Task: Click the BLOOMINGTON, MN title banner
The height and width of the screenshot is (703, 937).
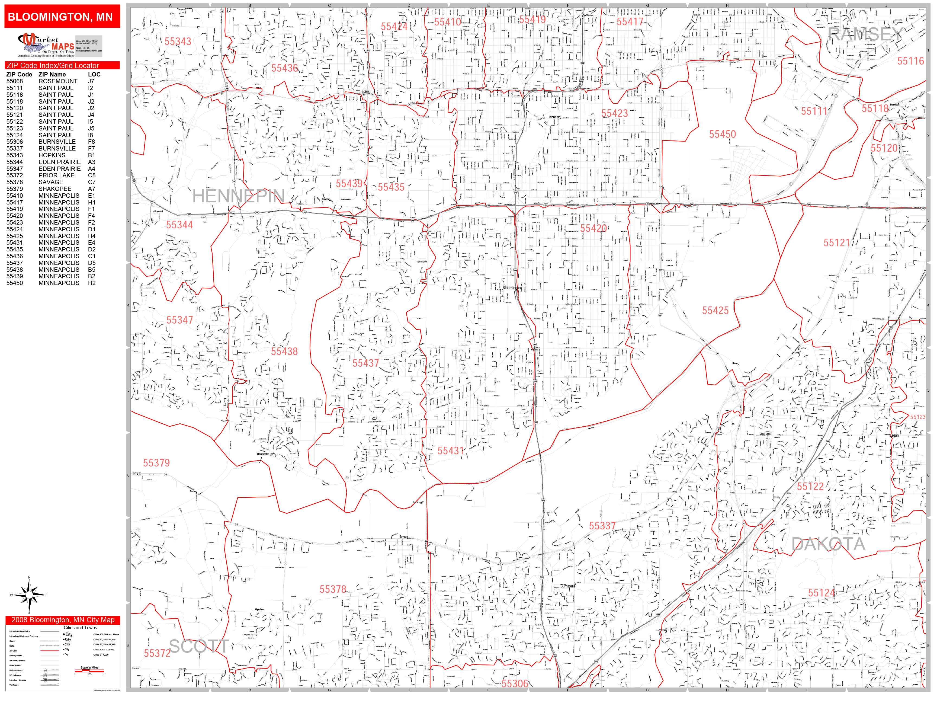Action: pos(62,17)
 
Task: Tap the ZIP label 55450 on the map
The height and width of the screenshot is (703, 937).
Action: pos(722,134)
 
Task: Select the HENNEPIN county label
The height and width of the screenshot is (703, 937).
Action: pos(239,196)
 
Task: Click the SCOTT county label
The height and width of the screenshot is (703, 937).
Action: pos(199,647)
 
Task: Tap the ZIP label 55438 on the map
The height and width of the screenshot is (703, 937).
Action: pos(284,351)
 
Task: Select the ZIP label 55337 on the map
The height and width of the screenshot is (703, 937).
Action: pos(602,526)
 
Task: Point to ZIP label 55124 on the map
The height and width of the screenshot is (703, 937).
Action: pos(821,593)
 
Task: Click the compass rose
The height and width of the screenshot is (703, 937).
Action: pos(29,595)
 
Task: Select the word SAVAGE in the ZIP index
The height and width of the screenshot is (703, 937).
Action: pos(51,182)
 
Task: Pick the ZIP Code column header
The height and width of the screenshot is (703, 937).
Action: pos(19,74)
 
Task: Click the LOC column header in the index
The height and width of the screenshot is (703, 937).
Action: pos(94,74)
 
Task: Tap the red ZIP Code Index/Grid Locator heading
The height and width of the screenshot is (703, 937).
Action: pos(62,66)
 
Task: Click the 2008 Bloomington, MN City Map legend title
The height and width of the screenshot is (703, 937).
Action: pos(63,620)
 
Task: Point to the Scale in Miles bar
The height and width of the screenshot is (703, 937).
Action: pos(90,671)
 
